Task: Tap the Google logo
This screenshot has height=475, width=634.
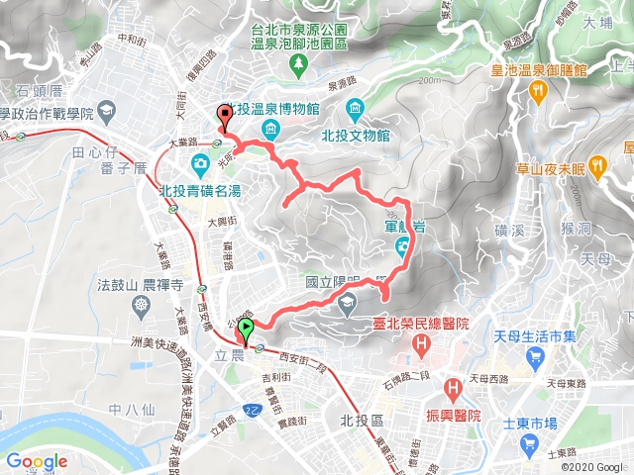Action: click(x=36, y=461)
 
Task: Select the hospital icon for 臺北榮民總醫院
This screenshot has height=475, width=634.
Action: click(x=423, y=345)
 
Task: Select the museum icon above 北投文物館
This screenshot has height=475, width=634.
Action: click(x=355, y=108)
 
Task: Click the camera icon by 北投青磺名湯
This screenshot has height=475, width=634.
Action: click(x=201, y=162)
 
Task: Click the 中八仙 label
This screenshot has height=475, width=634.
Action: click(x=129, y=408)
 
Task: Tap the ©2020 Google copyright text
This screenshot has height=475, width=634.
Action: click(x=592, y=466)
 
